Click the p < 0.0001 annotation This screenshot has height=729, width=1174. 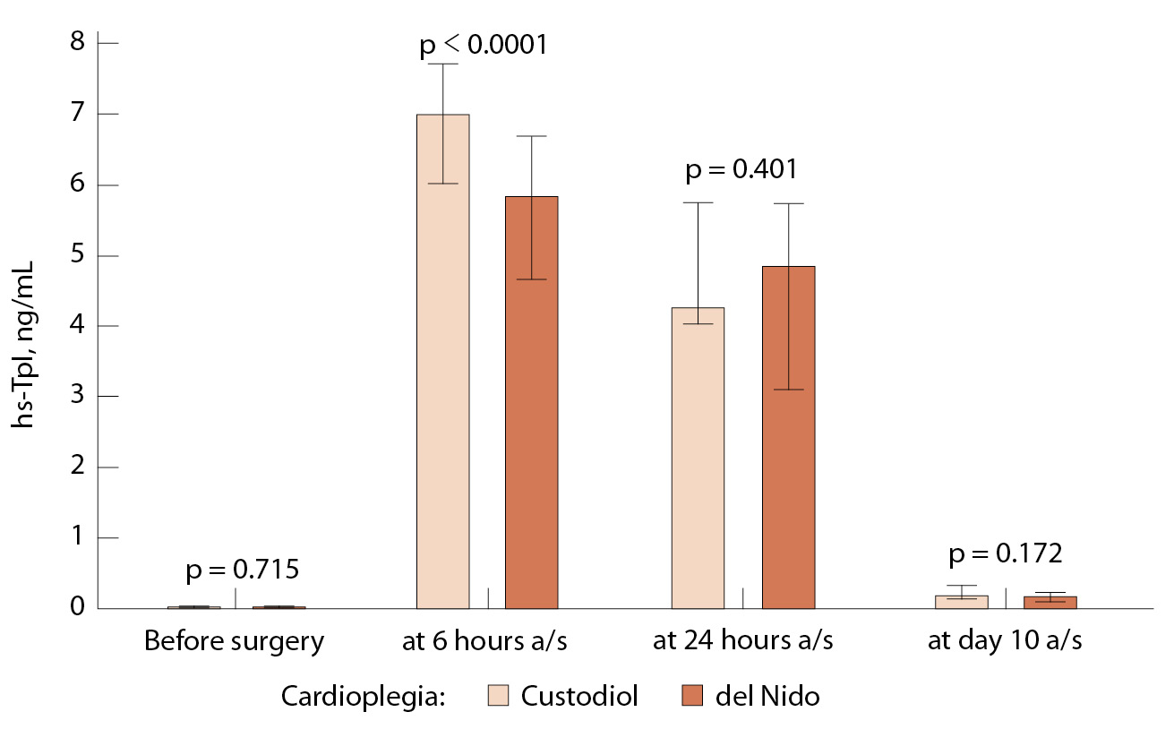tap(483, 45)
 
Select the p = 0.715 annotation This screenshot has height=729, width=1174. tap(241, 569)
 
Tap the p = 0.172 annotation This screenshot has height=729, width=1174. tap(1006, 553)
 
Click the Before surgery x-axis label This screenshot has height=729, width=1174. tap(234, 641)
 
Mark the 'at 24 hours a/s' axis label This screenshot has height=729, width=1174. tap(743, 641)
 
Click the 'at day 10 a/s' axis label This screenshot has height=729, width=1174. tap(1004, 641)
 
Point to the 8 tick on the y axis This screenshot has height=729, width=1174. tap(77, 43)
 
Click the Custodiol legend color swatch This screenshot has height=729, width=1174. tap(500, 696)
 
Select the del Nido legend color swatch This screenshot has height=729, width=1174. tap(691, 696)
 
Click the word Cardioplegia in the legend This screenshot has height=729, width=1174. tap(363, 696)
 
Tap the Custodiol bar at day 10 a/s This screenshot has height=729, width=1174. tap(961, 602)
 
